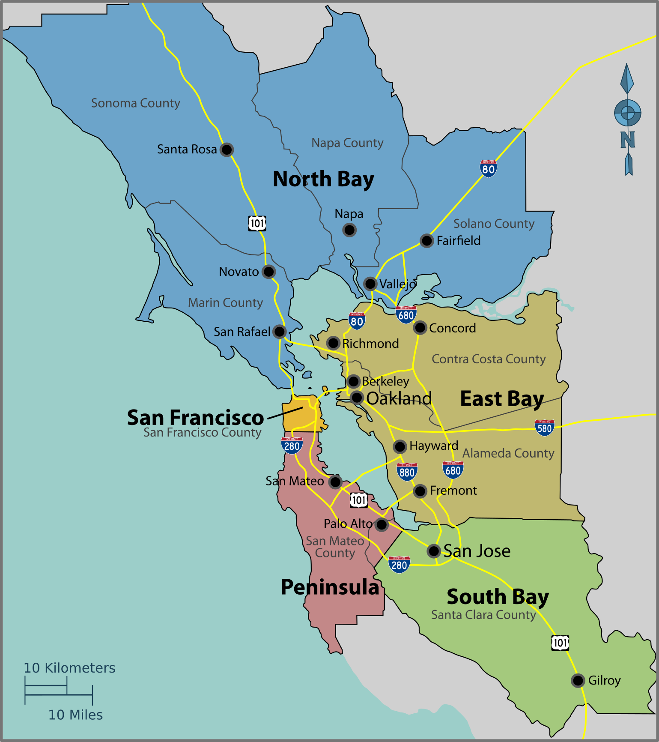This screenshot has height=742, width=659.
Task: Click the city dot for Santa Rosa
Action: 227,150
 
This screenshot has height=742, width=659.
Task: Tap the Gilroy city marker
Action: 578,680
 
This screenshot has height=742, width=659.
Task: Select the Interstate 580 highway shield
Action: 544,428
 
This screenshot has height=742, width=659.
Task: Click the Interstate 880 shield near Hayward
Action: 407,472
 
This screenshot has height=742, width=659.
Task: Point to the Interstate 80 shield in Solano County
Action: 488,168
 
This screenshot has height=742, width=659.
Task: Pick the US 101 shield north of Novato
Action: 257,223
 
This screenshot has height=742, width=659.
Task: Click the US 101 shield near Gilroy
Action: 560,643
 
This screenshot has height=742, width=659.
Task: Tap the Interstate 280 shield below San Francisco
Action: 292,446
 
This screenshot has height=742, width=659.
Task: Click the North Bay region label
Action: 323,179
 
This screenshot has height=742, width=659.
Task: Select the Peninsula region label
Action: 330,587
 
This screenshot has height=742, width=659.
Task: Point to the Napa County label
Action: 347,143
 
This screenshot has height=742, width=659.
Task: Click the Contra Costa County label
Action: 489,359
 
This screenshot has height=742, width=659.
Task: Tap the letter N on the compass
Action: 628,140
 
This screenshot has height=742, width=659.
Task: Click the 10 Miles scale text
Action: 75,715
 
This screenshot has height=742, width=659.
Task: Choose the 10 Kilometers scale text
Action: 69,668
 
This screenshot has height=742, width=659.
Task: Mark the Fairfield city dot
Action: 426,241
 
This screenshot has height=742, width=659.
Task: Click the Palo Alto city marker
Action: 381,524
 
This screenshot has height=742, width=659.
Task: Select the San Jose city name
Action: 477,551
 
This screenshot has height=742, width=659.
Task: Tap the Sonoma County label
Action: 135,103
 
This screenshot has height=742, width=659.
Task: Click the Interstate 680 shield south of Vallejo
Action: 406,315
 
